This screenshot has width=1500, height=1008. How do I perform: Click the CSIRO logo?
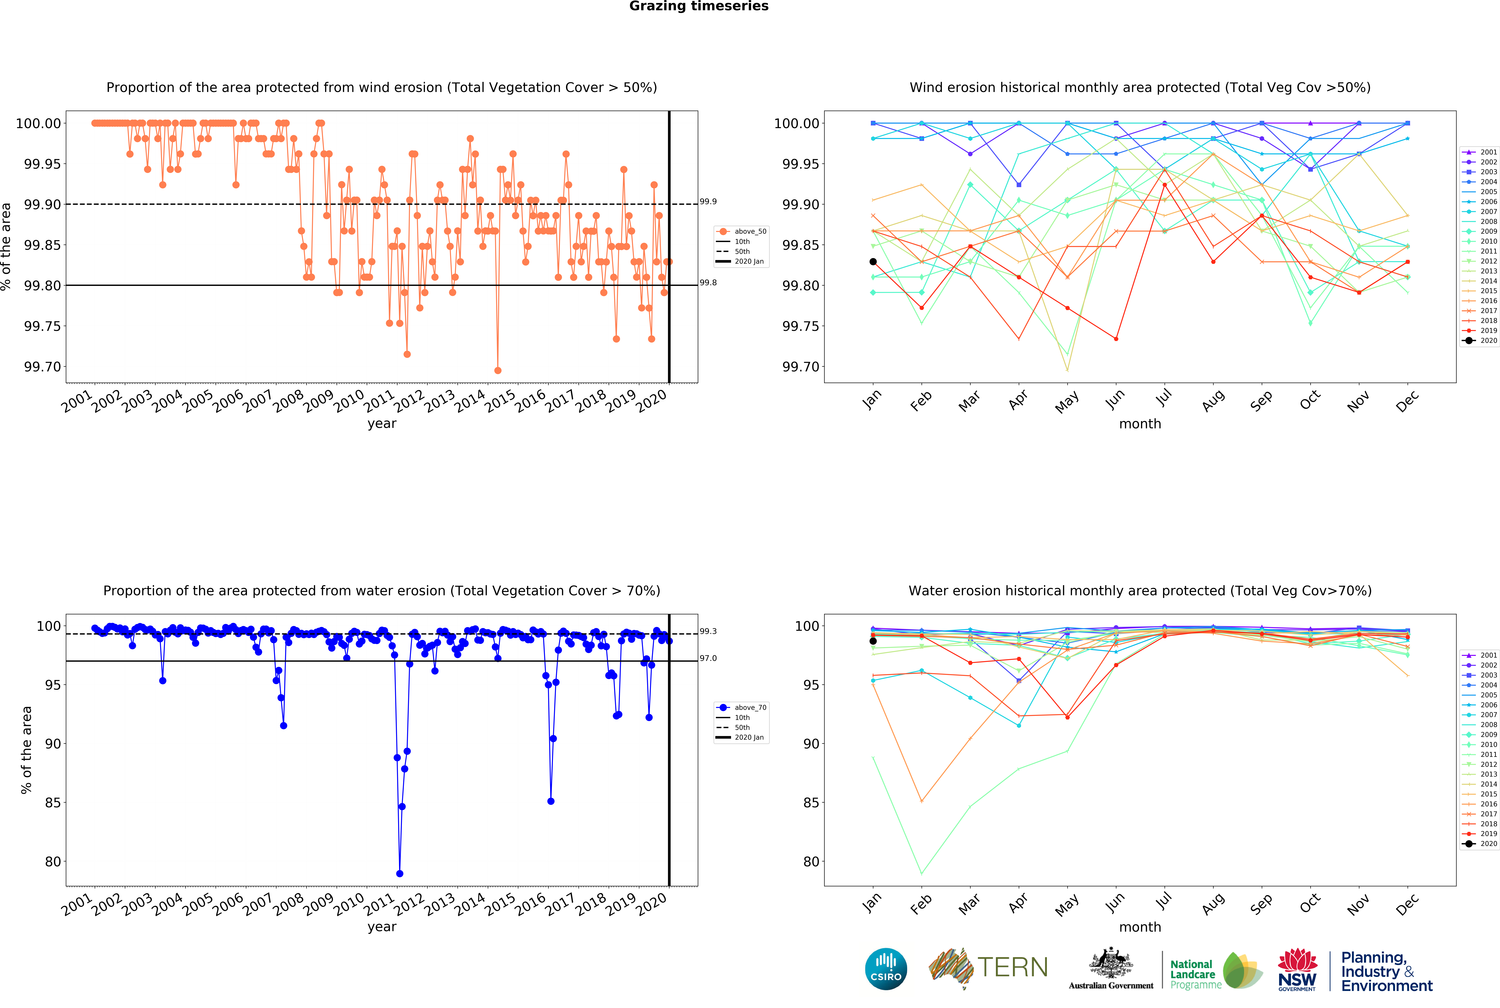pyautogui.click(x=886, y=969)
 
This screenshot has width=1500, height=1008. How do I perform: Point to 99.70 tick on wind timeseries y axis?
pyautogui.click(x=42, y=367)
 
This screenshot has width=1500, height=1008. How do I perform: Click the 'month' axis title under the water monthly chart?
pyautogui.click(x=1140, y=927)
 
